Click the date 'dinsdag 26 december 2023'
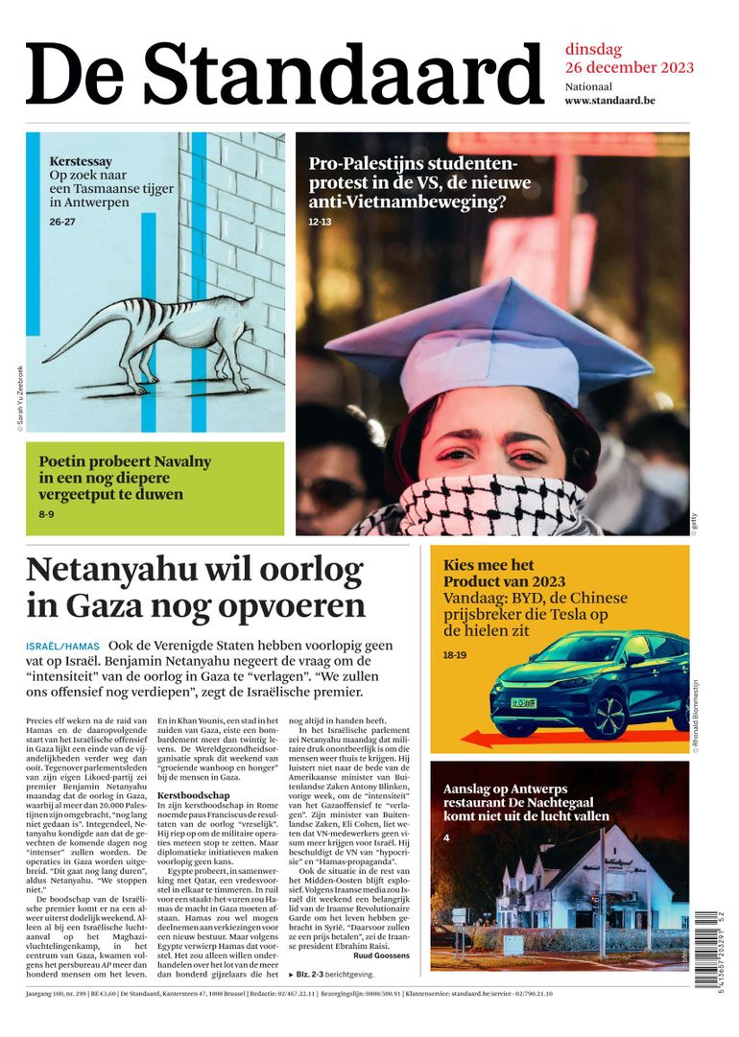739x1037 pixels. click(629, 59)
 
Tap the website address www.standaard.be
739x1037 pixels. click(609, 101)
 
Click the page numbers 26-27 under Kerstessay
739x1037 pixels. click(62, 223)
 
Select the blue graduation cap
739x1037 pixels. click(489, 341)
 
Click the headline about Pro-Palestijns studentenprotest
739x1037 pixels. click(419, 183)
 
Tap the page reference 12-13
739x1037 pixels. click(320, 222)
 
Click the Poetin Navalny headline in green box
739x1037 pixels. click(125, 478)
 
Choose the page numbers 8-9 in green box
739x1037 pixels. click(46, 515)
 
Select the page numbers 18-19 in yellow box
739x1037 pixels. click(454, 654)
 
